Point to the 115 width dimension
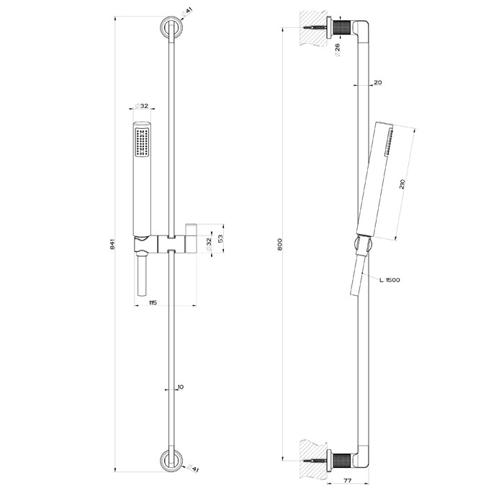[x=153, y=302]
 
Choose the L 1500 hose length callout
[x=387, y=280]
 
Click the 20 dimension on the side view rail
[x=377, y=83]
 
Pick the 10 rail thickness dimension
[x=180, y=387]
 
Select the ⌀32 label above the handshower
[x=142, y=106]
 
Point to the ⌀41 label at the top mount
[x=189, y=12]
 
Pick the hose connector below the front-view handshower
[x=140, y=277]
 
